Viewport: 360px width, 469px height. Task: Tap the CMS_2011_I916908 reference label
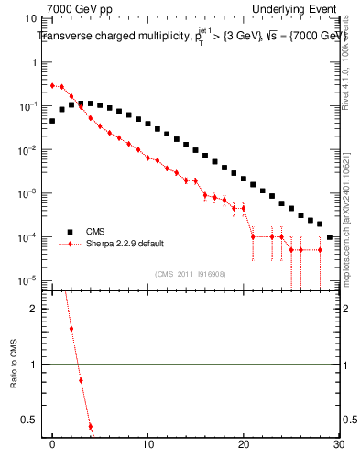click(191, 273)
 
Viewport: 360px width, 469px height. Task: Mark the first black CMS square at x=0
click(53, 120)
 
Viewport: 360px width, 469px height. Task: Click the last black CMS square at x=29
click(330, 236)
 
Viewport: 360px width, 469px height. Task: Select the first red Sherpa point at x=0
click(53, 85)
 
